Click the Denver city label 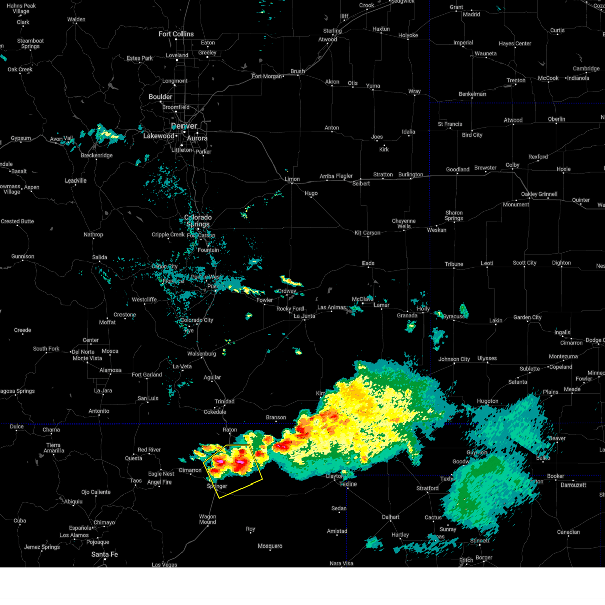click(x=184, y=126)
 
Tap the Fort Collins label click(x=176, y=34)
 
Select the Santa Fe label click(x=105, y=554)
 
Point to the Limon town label click(x=292, y=179)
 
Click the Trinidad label click(x=224, y=402)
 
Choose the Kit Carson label click(x=368, y=233)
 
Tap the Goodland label click(x=457, y=170)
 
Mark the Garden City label click(x=527, y=318)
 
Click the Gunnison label click(x=23, y=257)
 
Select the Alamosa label click(x=110, y=370)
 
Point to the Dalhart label click(x=391, y=517)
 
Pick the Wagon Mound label click(x=207, y=519)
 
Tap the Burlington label click(x=411, y=175)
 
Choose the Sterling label click(x=332, y=31)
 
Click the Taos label click(x=136, y=481)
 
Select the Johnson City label click(x=454, y=359)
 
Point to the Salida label click(x=100, y=257)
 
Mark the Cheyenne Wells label click(x=404, y=224)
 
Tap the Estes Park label click(x=140, y=58)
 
